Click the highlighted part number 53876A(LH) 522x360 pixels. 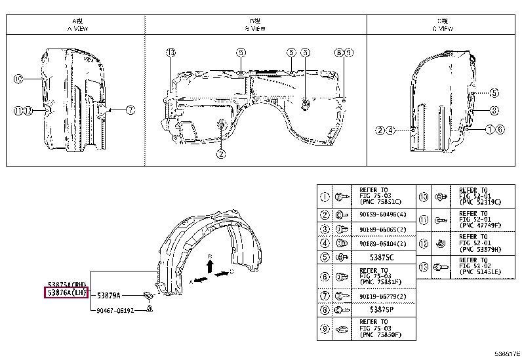pyautogui.click(x=66, y=292)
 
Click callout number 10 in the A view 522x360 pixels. pyautogui.click(x=18, y=79)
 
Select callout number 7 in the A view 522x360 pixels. pyautogui.click(x=130, y=110)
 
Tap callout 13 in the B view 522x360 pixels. pyautogui.click(x=171, y=52)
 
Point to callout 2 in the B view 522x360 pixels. pyautogui.click(x=221, y=154)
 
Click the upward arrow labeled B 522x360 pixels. pyautogui.click(x=209, y=264)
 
